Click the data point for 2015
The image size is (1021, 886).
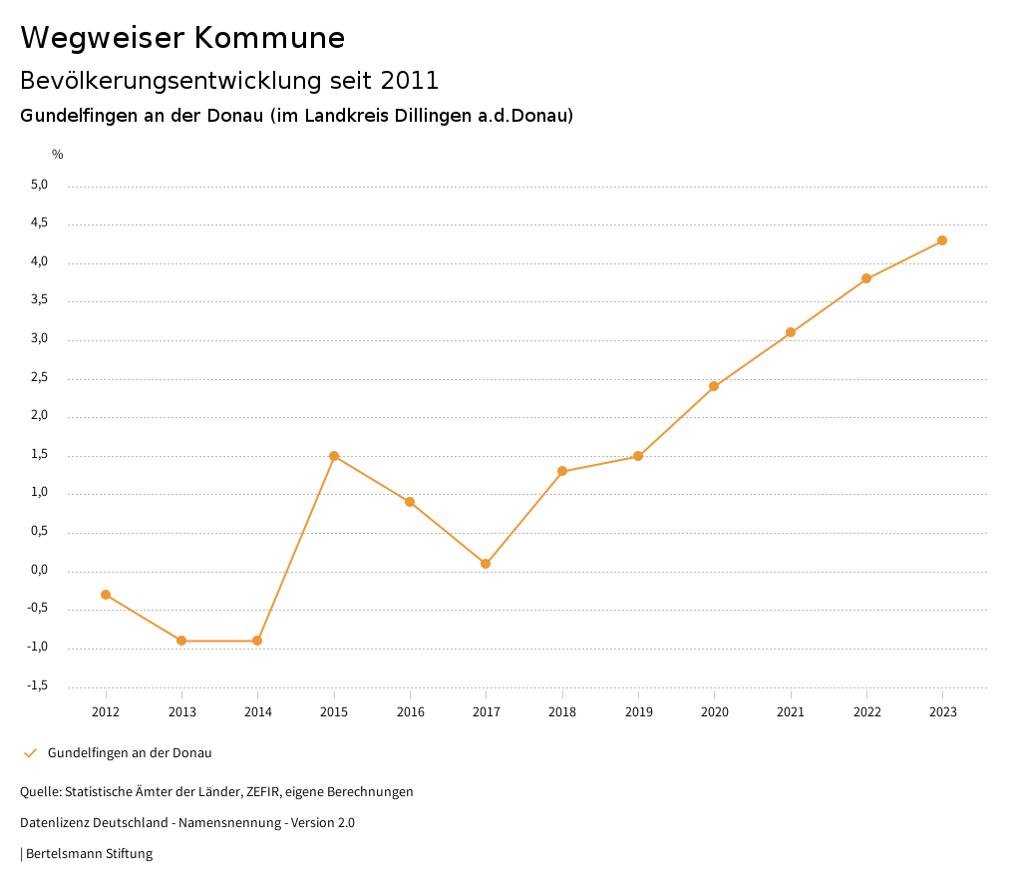tap(334, 456)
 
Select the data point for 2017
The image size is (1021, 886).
tap(486, 564)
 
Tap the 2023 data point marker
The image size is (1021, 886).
tap(942, 240)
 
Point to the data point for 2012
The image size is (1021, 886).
tap(106, 595)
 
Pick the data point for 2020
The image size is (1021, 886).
tap(714, 386)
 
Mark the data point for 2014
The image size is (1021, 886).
tap(257, 641)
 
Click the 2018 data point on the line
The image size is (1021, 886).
tap(562, 471)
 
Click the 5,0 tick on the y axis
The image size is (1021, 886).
tap(39, 185)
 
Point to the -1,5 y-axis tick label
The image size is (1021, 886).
tap(37, 685)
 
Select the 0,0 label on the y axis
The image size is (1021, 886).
tap(39, 570)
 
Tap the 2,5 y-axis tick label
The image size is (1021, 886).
tap(39, 378)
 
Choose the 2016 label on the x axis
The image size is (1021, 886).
tap(410, 711)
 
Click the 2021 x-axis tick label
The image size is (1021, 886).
tap(791, 711)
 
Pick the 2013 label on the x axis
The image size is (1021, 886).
tap(181, 711)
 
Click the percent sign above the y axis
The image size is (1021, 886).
tap(58, 155)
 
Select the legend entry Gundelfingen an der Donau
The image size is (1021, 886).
tap(130, 753)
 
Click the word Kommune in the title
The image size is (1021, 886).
tap(269, 38)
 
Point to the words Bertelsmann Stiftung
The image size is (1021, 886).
tap(89, 854)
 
